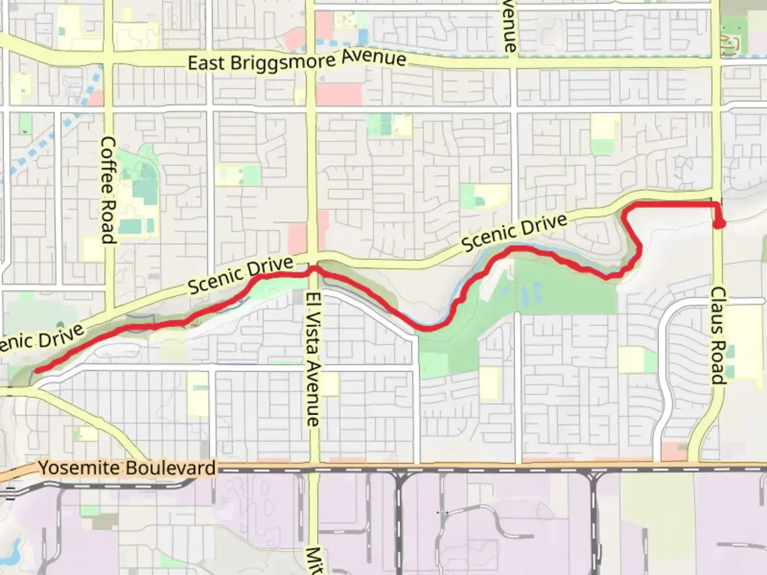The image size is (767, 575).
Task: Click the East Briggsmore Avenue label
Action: click(297, 61)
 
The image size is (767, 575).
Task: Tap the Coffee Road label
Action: click(108, 190)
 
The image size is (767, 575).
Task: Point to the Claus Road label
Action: click(719, 335)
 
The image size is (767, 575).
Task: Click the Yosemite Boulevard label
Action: click(127, 469)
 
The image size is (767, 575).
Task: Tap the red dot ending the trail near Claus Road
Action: click(719, 223)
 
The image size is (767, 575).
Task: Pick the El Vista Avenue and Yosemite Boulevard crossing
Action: click(314, 467)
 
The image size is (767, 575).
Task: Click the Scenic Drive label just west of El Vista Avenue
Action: click(241, 275)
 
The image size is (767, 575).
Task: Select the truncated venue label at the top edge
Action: click(509, 26)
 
